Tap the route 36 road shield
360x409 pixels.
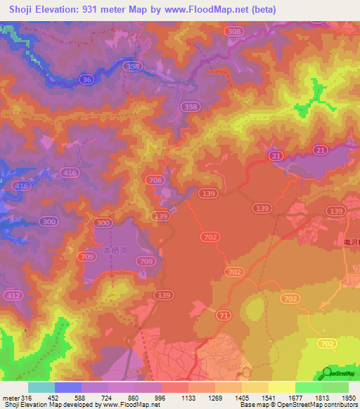pyautogui.click(x=87, y=81)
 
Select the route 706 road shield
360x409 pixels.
pyautogui.click(x=156, y=181)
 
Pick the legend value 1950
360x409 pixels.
pyautogui.click(x=341, y=398)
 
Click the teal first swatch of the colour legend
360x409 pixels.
pyautogui.click(x=41, y=387)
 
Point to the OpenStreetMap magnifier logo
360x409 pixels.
pyautogui.click(x=328, y=372)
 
